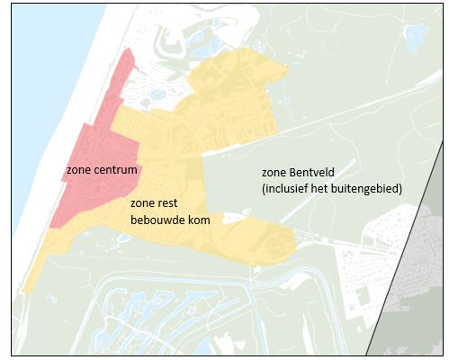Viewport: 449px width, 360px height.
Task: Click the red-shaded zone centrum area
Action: (99, 135)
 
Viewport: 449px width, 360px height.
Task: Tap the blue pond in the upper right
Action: (415, 37)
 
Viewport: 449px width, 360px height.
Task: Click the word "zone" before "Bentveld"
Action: (273, 171)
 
